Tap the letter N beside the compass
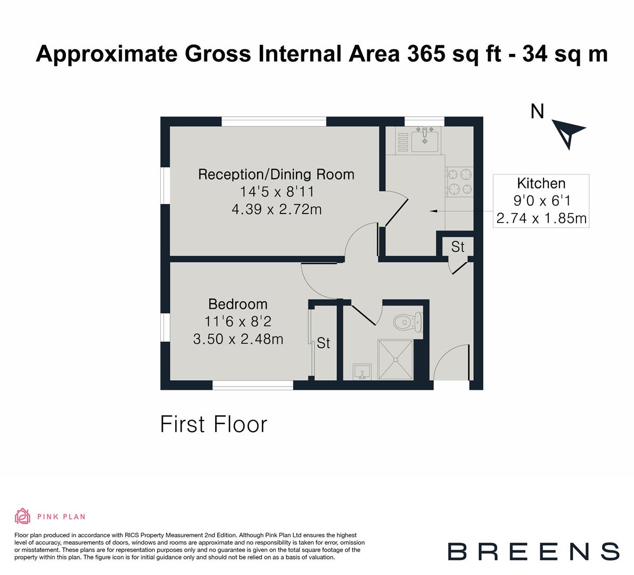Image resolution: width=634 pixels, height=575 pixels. [x=538, y=112]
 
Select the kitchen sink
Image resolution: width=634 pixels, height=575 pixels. [x=425, y=139]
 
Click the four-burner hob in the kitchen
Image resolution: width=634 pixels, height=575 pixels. [x=459, y=181]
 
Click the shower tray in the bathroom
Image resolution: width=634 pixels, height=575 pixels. [x=396, y=359]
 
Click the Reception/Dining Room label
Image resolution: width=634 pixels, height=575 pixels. [x=276, y=174]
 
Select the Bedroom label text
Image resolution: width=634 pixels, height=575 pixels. [x=237, y=304]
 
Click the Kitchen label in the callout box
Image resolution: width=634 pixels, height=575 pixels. [x=541, y=184]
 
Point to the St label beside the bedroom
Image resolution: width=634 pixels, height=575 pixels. [x=323, y=343]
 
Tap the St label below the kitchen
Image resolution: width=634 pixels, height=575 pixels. [x=457, y=247]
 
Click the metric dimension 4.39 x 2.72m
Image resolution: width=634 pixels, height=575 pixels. [x=276, y=209]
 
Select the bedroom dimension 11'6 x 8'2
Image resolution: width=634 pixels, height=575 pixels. [x=237, y=322]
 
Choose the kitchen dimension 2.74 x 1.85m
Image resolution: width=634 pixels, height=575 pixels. [x=541, y=218]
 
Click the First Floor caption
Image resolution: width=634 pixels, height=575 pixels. [x=213, y=425]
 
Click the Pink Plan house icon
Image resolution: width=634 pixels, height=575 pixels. [x=22, y=516]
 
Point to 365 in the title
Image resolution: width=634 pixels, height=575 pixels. [x=424, y=54]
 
